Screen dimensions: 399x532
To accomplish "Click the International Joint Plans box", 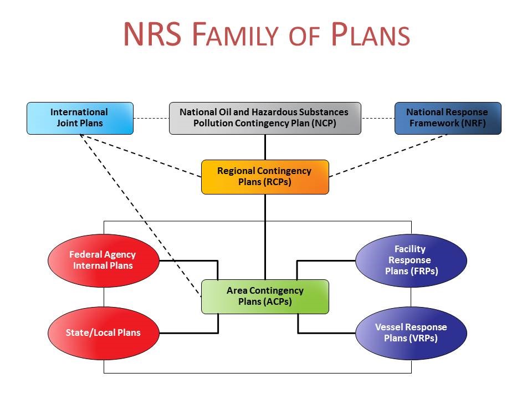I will click(80, 118).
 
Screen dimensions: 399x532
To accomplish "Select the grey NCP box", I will click(265, 118).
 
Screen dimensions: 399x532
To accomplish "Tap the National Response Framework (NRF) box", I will click(447, 118).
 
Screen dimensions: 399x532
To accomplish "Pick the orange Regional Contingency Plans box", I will click(265, 177).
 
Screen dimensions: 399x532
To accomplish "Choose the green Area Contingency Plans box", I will click(265, 296).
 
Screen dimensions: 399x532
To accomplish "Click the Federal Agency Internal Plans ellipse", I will click(104, 260).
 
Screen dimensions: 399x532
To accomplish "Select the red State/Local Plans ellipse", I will click(104, 333).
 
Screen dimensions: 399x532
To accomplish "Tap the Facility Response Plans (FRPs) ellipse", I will click(411, 260).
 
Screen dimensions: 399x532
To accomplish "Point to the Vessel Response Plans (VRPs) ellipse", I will click(411, 333).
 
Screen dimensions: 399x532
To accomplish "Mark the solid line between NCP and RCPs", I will click(265, 147).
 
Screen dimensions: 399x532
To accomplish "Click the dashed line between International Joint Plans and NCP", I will click(151, 118).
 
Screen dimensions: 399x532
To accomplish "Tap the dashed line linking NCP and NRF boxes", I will click(378, 118).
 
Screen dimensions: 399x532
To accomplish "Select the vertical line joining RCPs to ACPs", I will click(265, 237).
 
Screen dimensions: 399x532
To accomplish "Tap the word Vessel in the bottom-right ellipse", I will click(389, 327).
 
